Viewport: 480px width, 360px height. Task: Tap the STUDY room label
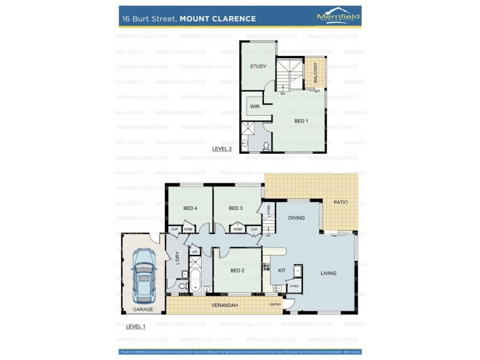tap(258, 67)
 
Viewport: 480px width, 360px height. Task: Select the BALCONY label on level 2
tap(315, 73)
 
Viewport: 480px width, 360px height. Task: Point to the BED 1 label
tap(301, 121)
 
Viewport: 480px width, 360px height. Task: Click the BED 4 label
tap(190, 208)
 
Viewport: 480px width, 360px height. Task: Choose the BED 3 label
tap(236, 208)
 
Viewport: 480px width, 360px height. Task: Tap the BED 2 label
tap(238, 271)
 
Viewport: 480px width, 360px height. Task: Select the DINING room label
tap(296, 218)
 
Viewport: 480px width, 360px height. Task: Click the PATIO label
tap(341, 202)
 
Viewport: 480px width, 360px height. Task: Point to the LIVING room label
tap(328, 273)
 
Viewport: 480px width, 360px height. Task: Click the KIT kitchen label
tap(281, 271)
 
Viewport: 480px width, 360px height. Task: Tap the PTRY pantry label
tap(294, 287)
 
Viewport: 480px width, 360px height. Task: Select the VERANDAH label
tap(225, 305)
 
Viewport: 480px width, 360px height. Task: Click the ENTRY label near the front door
tap(275, 305)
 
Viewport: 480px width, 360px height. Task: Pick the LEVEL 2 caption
tap(221, 148)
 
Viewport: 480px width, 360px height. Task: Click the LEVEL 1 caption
tap(136, 326)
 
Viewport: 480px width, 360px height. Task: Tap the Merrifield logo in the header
tap(338, 17)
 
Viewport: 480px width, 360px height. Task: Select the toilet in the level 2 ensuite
tap(265, 145)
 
